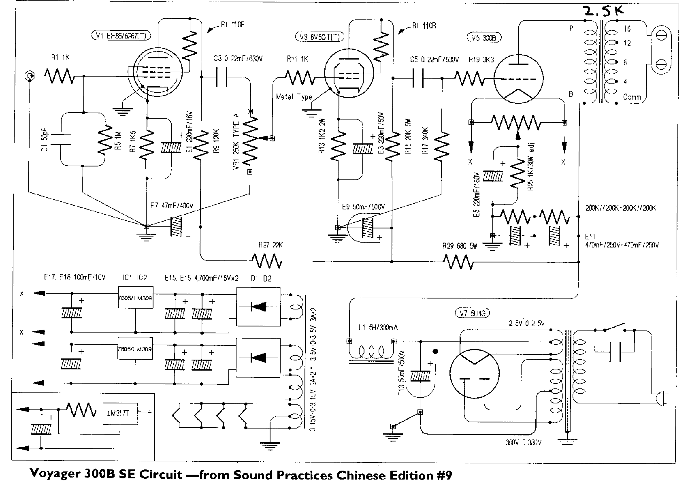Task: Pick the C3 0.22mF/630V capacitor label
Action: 238,59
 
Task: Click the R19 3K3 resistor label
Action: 481,60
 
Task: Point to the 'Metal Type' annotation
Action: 294,97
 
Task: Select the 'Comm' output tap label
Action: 632,97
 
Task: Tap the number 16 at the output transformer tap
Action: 627,29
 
